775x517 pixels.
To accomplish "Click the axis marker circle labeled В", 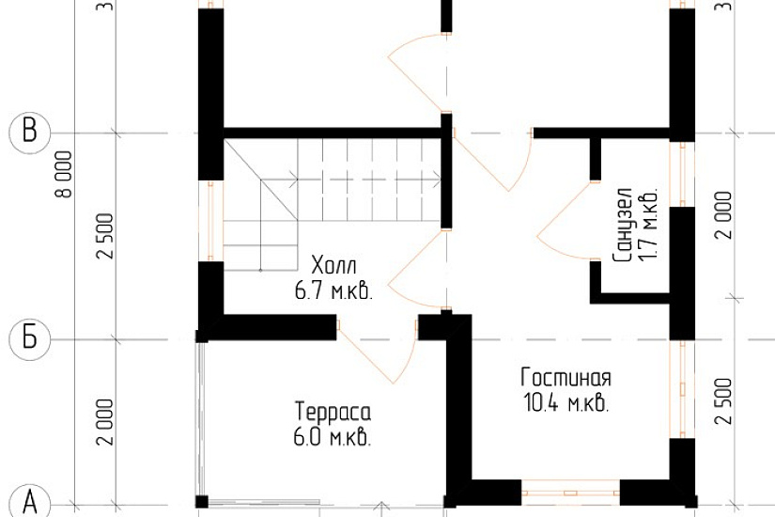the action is click(x=30, y=133).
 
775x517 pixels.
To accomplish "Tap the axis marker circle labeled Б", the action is click(x=30, y=339).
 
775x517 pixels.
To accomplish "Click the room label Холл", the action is click(x=333, y=266).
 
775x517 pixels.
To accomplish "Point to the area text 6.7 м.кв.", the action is click(x=333, y=290).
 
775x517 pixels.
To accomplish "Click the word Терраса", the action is click(x=333, y=412).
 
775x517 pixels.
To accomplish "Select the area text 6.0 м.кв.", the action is click(x=333, y=437).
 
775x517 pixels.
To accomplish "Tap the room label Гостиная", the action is click(x=566, y=378).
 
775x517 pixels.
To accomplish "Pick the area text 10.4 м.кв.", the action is click(x=566, y=403).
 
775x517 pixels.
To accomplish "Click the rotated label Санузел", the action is click(x=622, y=225).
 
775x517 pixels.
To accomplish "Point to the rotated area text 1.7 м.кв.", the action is click(x=648, y=225).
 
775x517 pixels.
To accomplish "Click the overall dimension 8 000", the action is click(x=64, y=174).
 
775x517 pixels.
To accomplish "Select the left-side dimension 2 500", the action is click(x=105, y=236).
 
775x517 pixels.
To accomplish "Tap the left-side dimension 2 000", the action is click(x=105, y=422).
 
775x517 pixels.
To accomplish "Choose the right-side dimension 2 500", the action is click(x=723, y=401).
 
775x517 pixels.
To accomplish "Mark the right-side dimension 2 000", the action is click(x=723, y=215).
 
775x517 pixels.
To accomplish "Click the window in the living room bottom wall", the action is click(x=570, y=493).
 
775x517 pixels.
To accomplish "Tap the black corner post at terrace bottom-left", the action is click(x=202, y=502).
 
